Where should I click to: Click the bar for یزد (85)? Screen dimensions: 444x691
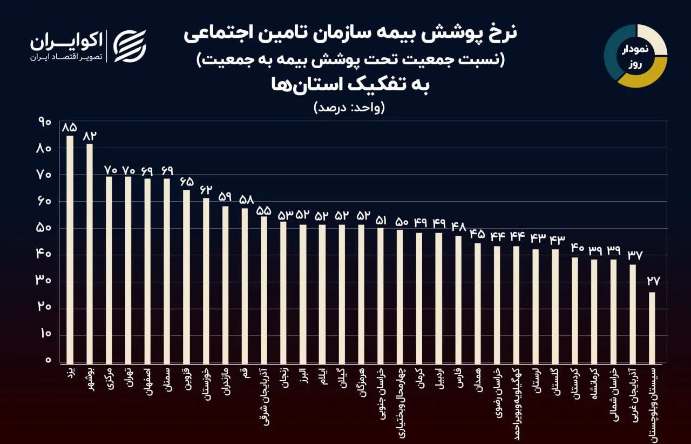pos(70,249)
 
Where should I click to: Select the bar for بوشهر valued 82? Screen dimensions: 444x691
pos(90,253)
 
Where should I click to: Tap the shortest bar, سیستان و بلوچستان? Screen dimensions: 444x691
pos(652,327)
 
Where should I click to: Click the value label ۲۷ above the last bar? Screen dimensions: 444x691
pos(652,281)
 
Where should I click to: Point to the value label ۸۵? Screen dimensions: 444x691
pos(70,127)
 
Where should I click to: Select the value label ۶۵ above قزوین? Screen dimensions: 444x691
pos(186,181)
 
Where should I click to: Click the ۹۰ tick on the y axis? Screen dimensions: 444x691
pos(45,122)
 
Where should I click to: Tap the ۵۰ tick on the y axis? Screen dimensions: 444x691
pos(45,228)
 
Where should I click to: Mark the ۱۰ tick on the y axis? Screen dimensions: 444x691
pos(45,334)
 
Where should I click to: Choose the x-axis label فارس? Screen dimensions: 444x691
pos(458,377)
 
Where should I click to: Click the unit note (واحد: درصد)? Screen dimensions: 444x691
pos(349,107)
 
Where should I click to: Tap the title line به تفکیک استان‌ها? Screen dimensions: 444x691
pos(349,85)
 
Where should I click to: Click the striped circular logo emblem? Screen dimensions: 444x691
pos(130,46)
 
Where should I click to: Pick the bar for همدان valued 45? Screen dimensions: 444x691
pos(477,303)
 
